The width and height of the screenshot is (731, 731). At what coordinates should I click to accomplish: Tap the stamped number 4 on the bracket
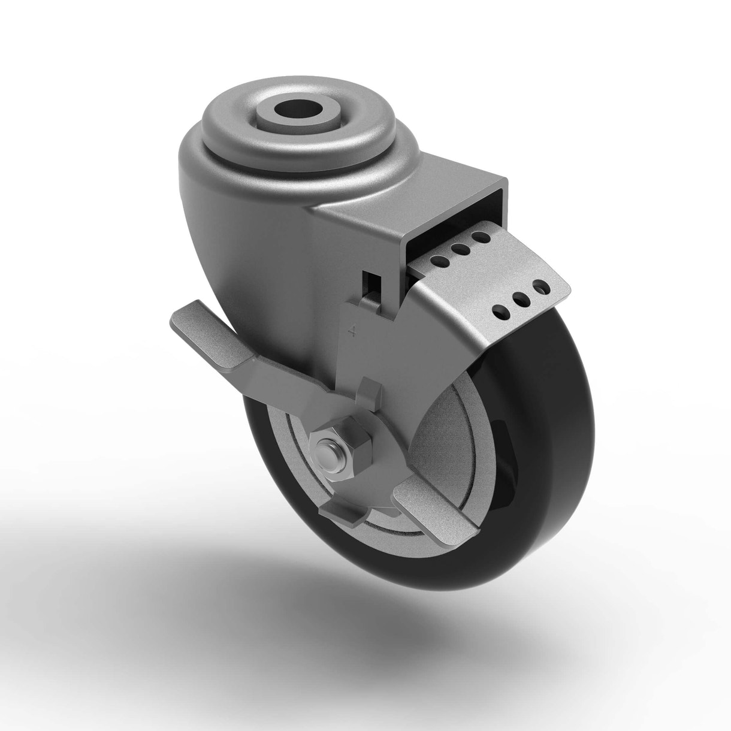357,331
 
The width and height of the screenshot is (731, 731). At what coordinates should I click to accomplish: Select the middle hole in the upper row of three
460,249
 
